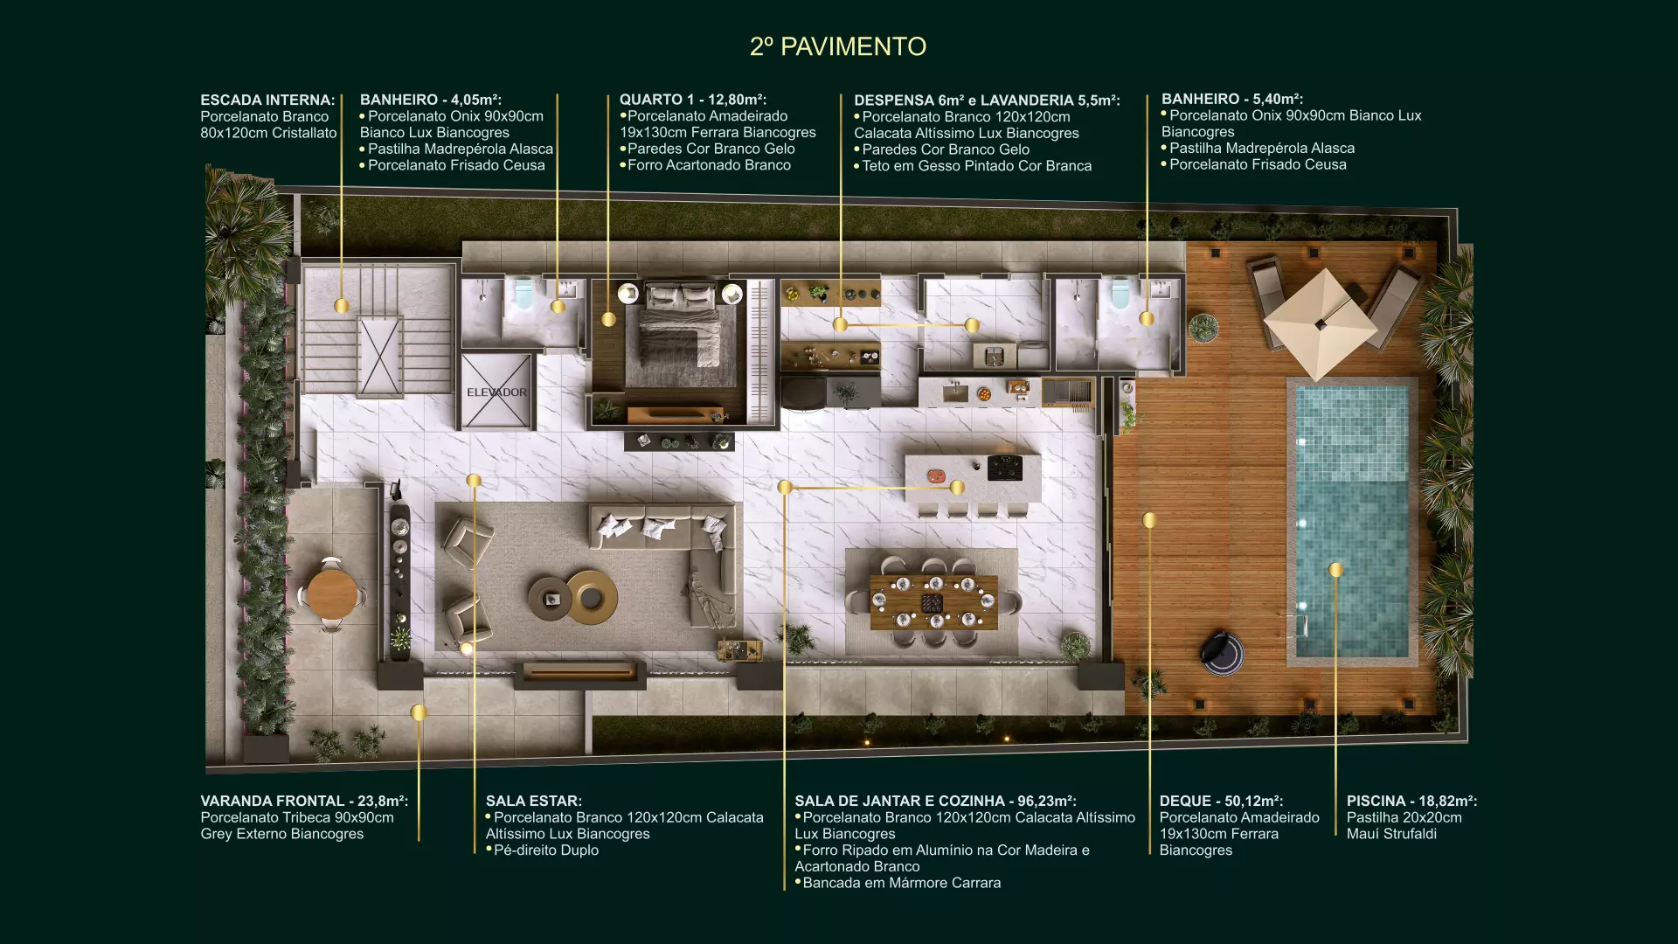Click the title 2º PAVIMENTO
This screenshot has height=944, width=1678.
pos(838,46)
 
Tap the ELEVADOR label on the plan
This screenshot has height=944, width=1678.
pos(496,392)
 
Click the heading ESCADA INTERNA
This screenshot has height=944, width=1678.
pos(267,100)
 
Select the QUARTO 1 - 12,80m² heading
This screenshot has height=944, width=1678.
pos(693,100)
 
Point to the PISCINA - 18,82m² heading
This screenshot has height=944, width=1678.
pos(1411,801)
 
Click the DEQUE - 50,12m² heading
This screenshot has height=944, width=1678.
pos(1221,801)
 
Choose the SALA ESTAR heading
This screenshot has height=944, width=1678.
pos(534,801)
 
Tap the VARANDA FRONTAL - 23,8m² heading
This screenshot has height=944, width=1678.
pos(304,801)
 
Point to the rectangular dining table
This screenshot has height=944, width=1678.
pos(933,602)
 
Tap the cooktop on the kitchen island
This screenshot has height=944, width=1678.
pos(1004,468)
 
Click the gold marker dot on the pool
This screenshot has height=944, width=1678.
pos(1335,570)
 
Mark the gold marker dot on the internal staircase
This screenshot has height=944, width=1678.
pos(342,306)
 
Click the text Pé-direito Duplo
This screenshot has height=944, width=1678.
pos(546,850)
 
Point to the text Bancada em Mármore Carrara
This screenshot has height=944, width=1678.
pos(902,883)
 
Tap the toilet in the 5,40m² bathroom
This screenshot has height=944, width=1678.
pos(1120,294)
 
